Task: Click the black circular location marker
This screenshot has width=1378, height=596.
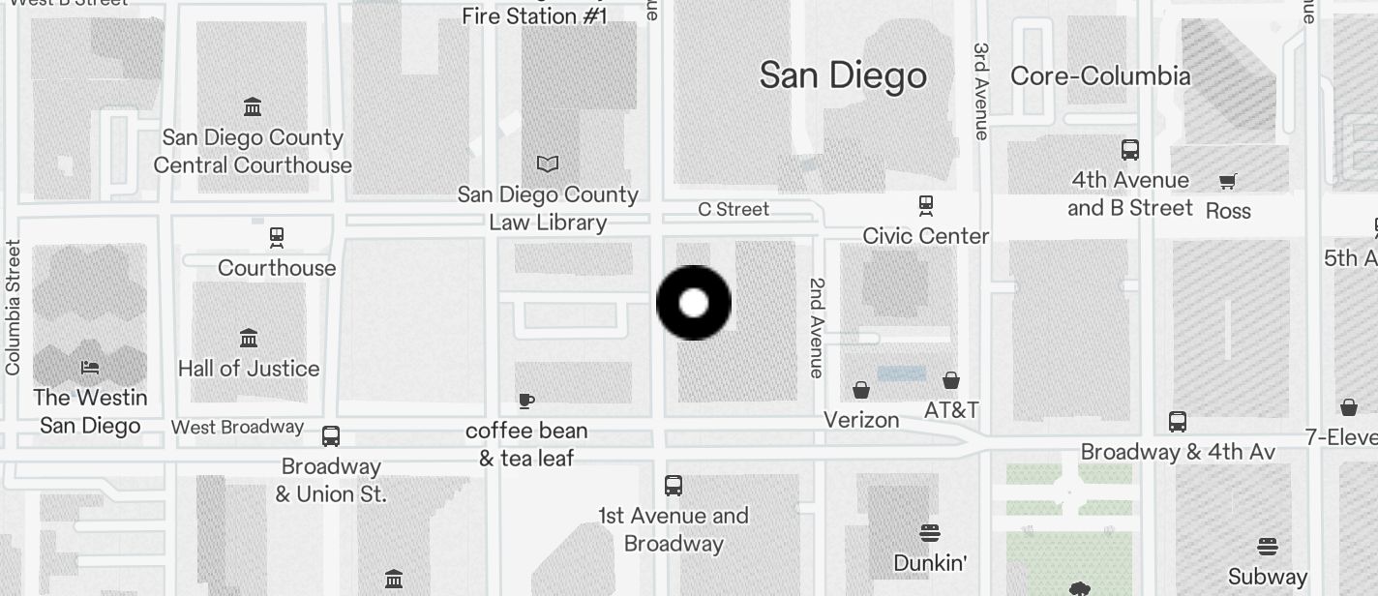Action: tap(694, 303)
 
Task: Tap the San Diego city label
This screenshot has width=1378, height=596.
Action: tap(843, 75)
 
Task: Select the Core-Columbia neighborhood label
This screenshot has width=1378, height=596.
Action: tap(1100, 76)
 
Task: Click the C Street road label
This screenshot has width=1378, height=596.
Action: tap(734, 209)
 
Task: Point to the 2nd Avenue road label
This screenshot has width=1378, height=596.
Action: tap(818, 327)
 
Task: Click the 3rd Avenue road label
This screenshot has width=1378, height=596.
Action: tap(981, 91)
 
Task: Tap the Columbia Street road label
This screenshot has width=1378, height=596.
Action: tap(13, 308)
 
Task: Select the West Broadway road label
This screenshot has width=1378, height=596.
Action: tap(237, 427)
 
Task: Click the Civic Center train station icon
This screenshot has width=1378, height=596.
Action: tap(926, 205)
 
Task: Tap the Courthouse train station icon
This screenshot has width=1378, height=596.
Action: tap(277, 237)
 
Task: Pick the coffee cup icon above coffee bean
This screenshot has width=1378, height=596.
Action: tap(525, 401)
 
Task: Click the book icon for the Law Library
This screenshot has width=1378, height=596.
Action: tap(548, 164)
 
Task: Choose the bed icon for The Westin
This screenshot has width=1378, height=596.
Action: tap(90, 368)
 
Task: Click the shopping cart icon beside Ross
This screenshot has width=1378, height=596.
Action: tap(1228, 181)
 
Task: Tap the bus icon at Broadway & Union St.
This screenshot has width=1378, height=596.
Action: tap(331, 436)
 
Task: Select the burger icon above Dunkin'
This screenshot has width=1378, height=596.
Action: tap(930, 532)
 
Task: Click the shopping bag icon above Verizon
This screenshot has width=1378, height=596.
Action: tap(861, 390)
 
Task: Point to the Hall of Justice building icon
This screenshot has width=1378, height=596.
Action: tap(249, 339)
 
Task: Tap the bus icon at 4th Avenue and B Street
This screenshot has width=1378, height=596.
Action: tap(1129, 150)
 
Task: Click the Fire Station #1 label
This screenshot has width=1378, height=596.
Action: tap(534, 16)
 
